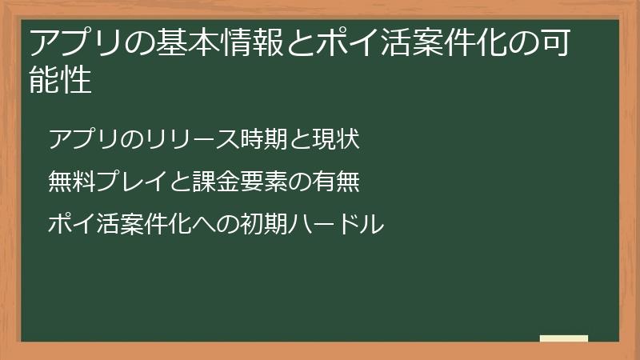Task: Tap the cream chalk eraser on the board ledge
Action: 563,338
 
